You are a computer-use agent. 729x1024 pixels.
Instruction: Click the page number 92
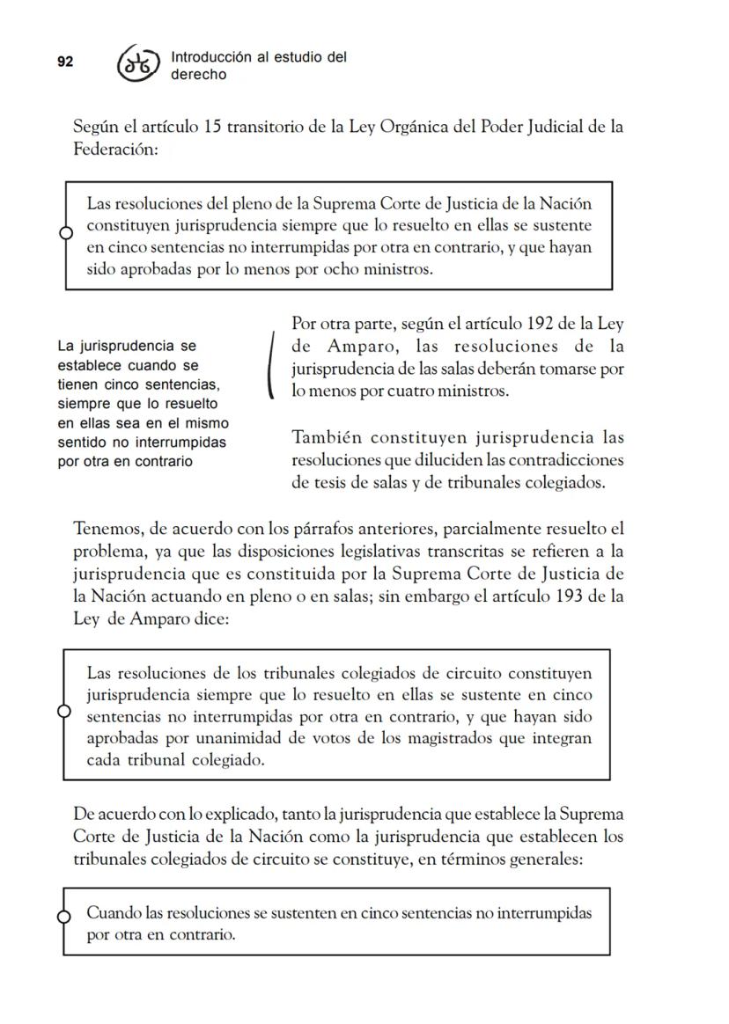[65, 62]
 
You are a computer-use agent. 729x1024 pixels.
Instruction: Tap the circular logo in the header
[138, 64]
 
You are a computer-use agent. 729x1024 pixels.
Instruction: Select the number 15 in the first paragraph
[212, 126]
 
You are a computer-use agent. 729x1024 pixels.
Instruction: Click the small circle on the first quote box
[65, 233]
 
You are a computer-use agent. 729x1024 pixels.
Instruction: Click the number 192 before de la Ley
[540, 324]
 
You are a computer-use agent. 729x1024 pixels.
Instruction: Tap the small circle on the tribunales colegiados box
[63, 711]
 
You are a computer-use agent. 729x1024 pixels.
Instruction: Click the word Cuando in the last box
[109, 912]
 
